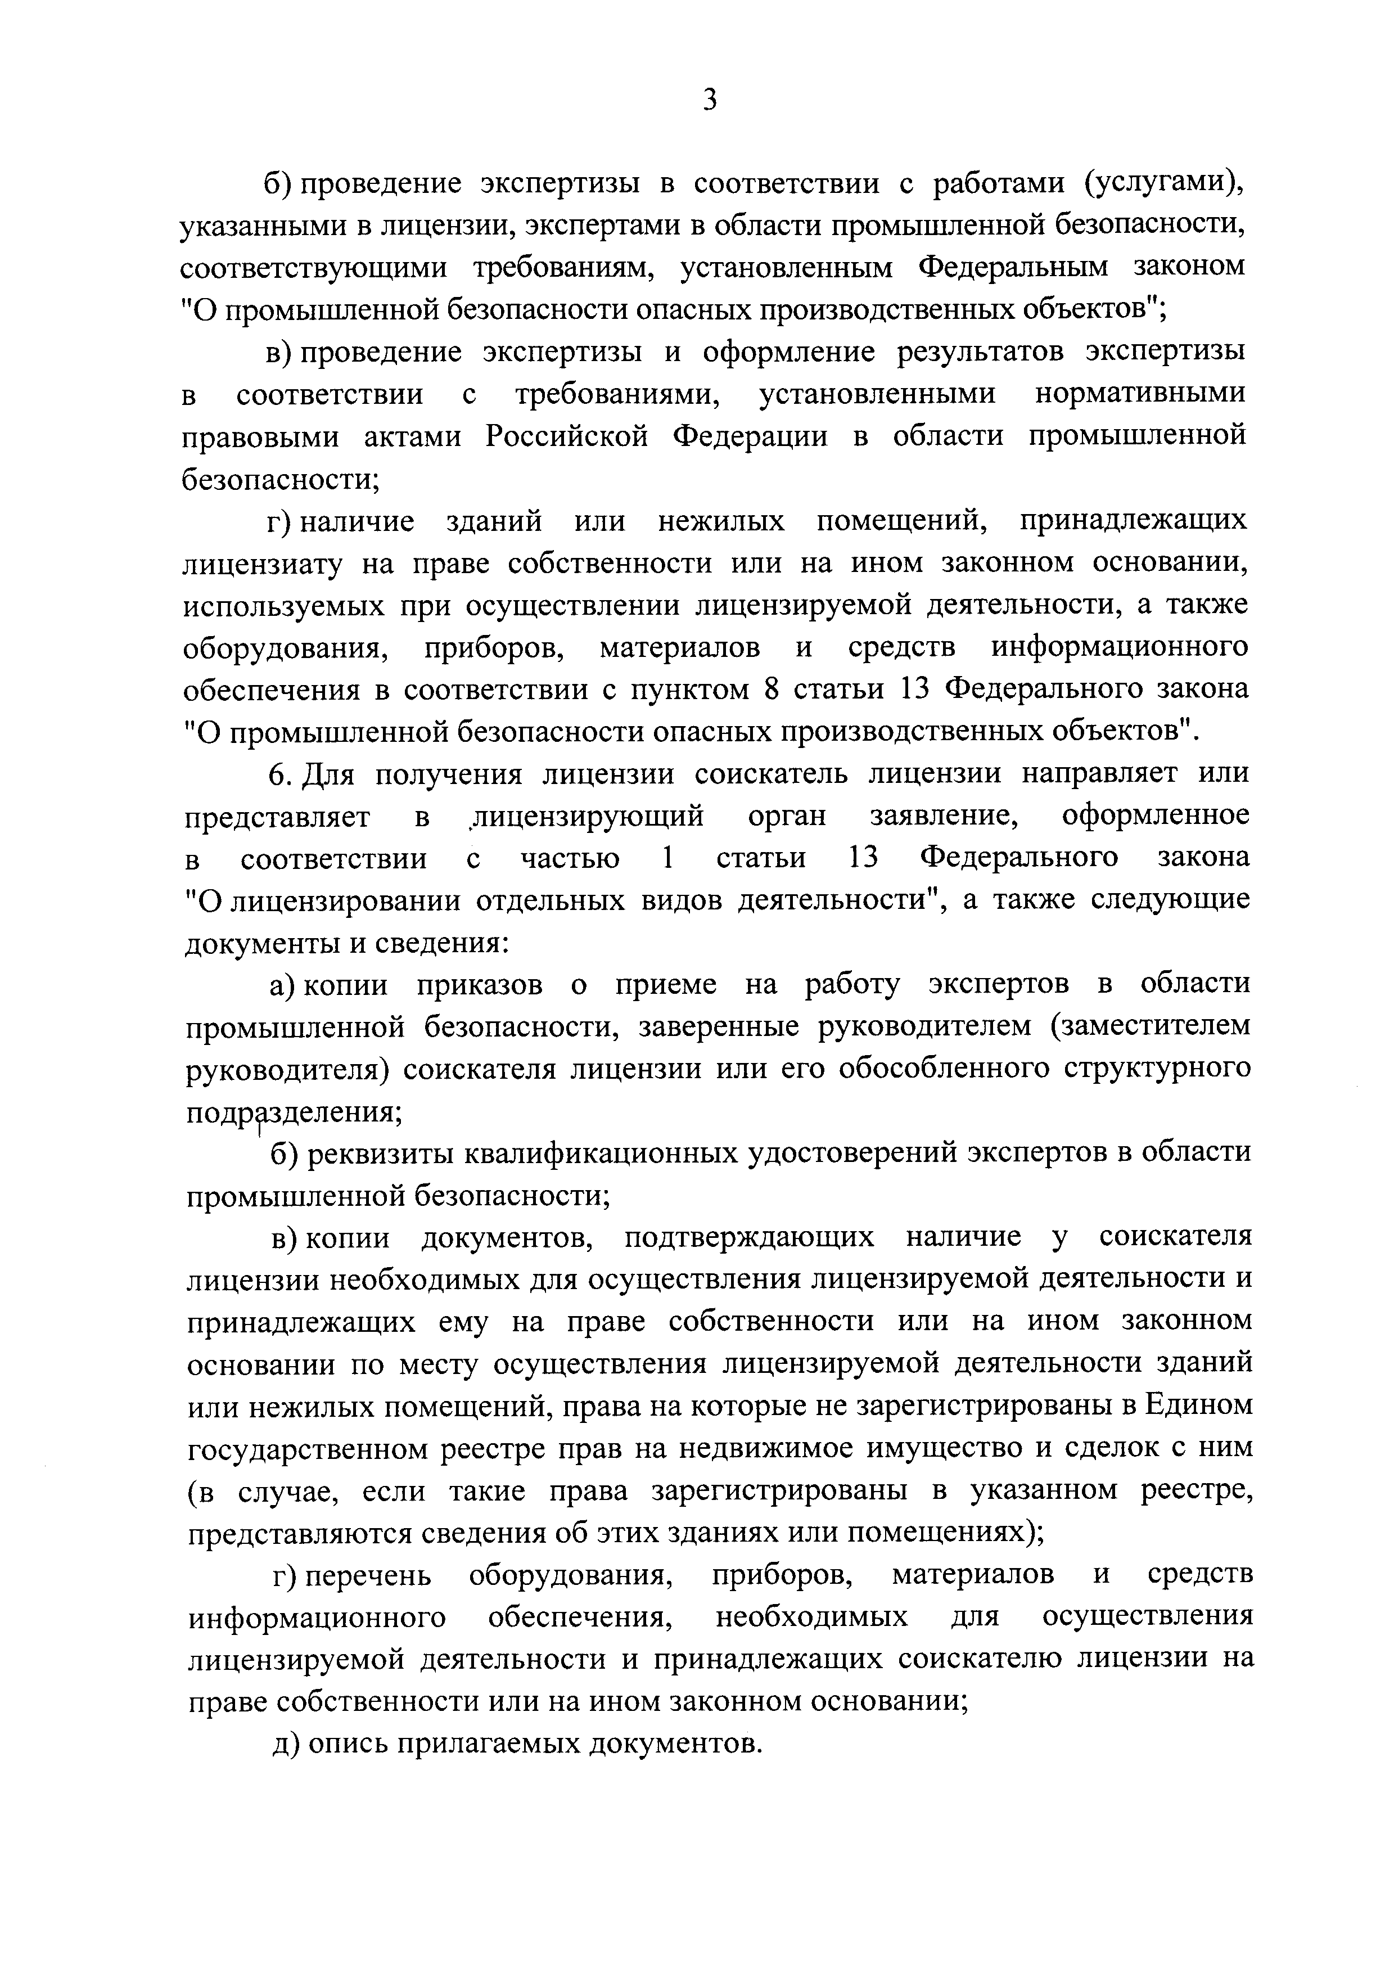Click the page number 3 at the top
[709, 101]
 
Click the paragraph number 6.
[277, 774]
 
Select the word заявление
[944, 816]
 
